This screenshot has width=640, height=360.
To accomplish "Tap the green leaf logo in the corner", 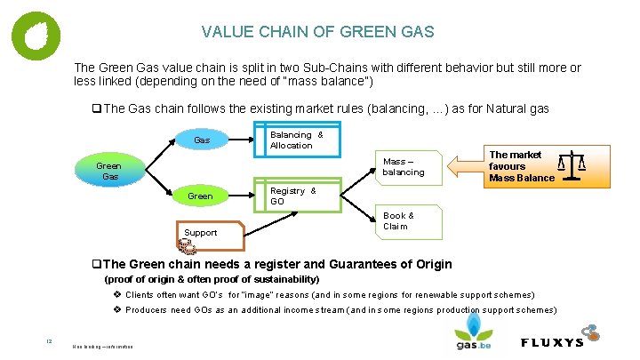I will (x=36, y=35).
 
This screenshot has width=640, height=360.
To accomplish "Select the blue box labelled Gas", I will (x=202, y=140).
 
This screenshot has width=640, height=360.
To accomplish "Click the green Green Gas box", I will (x=108, y=171).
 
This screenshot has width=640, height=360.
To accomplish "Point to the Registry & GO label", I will (x=292, y=196).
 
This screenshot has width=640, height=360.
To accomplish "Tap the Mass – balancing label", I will (x=404, y=166).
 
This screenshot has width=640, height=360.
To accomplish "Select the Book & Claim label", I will (x=397, y=220).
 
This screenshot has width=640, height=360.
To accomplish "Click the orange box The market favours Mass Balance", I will (x=519, y=166).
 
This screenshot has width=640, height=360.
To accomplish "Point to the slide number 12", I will (x=51, y=339).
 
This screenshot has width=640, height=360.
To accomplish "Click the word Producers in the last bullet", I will (x=146, y=310).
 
